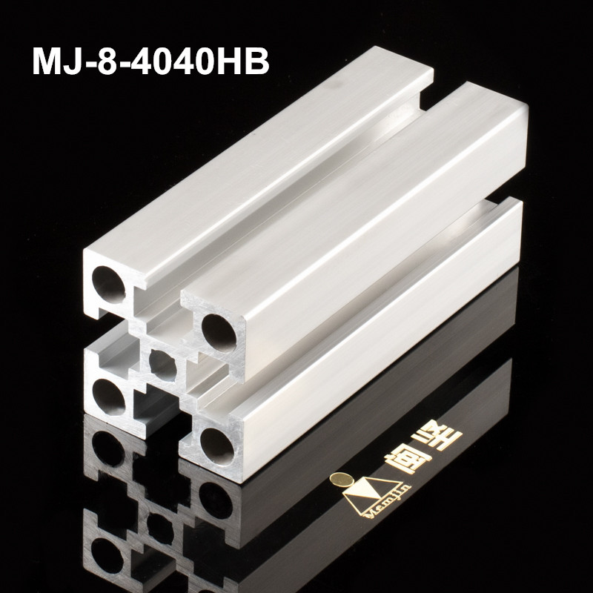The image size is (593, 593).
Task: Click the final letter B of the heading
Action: pyautogui.click(x=256, y=60)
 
